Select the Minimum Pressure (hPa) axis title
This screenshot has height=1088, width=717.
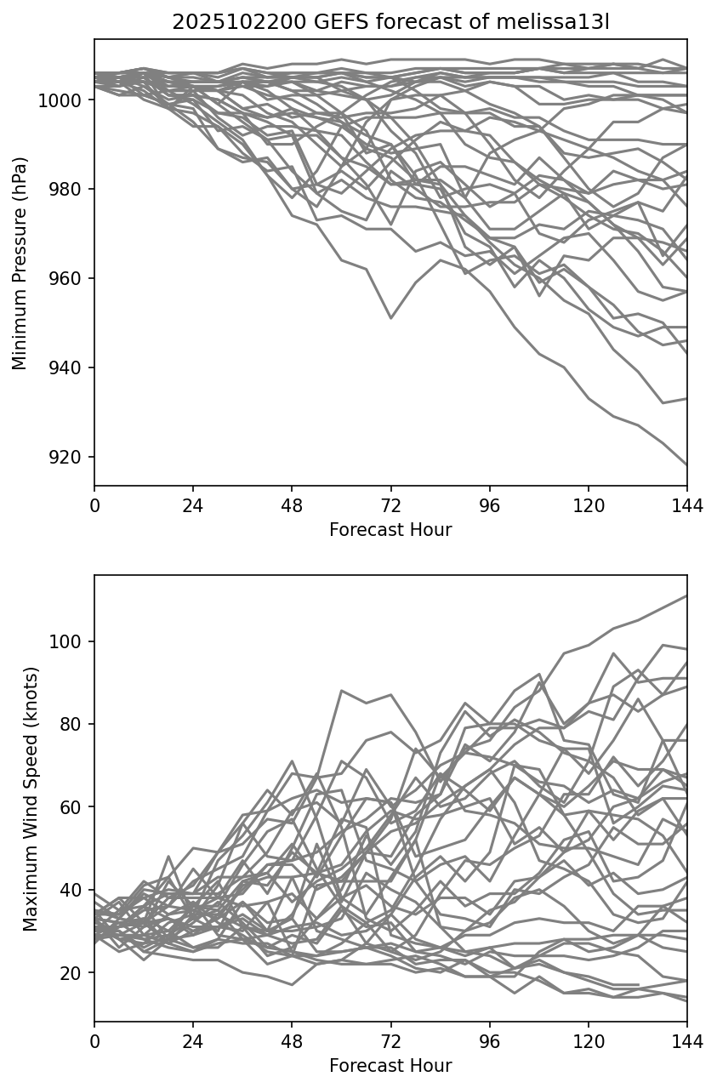[x=20, y=263]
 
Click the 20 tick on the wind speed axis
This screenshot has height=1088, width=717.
[x=75, y=973]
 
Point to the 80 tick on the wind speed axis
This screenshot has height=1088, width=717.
[x=75, y=724]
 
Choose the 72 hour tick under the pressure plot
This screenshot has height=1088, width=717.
[x=390, y=505]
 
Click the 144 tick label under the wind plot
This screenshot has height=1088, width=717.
[x=686, y=1041]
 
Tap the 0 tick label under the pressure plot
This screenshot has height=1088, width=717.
[x=94, y=505]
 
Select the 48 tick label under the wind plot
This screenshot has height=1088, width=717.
[x=292, y=1041]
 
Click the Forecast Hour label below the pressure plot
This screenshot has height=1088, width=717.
[x=390, y=530]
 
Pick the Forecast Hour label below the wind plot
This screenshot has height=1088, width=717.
[x=390, y=1066]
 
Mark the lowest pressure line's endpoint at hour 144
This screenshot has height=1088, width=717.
[x=686, y=465]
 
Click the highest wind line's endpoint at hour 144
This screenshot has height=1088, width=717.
[x=686, y=596]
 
